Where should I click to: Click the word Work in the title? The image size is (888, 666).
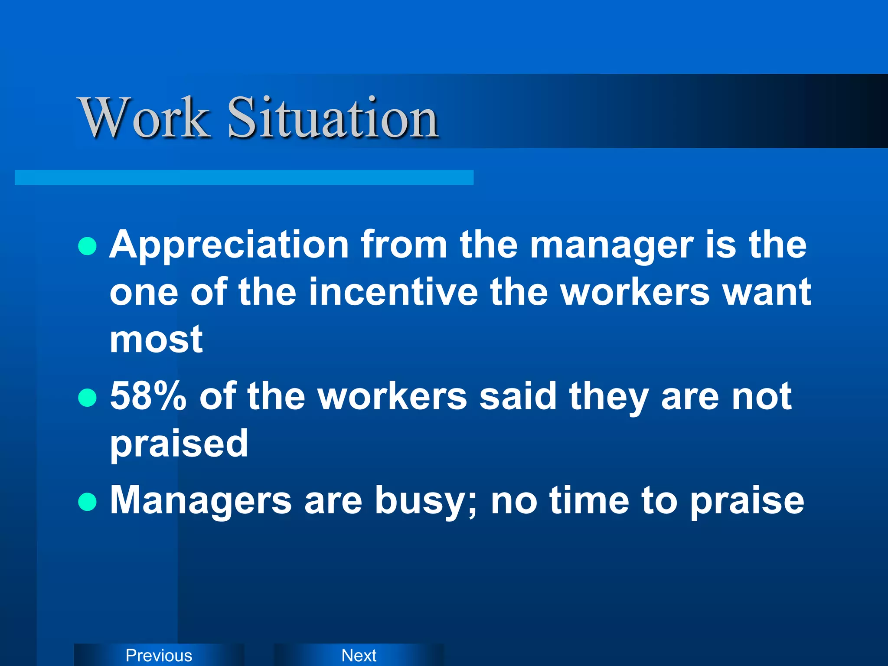coord(144,118)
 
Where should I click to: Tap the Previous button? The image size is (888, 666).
coord(159,655)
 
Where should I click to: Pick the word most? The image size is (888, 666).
coord(156,340)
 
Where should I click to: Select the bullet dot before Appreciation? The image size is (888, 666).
coord(88,246)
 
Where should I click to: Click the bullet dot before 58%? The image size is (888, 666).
coord(88,398)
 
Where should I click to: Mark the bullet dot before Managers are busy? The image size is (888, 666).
coord(88,502)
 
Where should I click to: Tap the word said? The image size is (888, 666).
coord(518,396)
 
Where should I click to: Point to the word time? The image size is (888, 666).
coord(590,500)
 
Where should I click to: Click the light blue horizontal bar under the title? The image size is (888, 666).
coord(244,177)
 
